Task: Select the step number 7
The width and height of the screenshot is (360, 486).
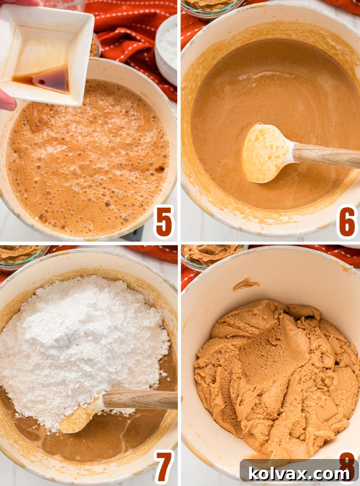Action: [x=164, y=467]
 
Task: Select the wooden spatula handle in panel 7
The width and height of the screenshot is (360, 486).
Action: [x=141, y=400]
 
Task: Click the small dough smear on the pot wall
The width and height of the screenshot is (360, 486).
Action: [x=245, y=283]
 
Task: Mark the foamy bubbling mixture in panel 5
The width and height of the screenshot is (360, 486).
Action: [x=87, y=162]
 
